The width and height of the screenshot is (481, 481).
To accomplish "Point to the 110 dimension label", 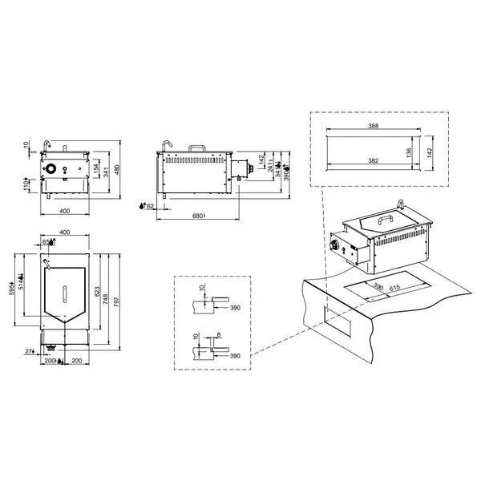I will [26, 184].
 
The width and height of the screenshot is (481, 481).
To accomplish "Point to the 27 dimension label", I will [28, 351].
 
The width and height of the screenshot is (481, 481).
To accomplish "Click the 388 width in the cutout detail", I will [374, 125].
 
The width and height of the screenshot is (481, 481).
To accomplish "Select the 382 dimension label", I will [374, 160].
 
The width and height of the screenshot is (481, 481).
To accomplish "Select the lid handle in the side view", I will [198, 148].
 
